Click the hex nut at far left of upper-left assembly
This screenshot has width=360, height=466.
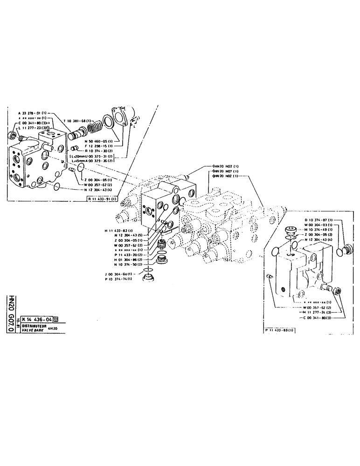click(12, 136)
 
